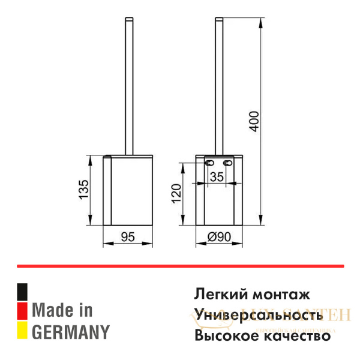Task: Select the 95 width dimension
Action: coord(127,237)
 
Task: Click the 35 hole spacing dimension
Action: coord(217,176)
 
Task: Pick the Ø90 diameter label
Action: coord(220,237)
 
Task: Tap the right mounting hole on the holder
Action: coord(229,163)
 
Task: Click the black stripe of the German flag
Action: coord(22,292)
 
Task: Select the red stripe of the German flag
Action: coord(22,310)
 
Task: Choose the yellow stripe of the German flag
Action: coord(22,330)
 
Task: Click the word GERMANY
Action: coord(71,331)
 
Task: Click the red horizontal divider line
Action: coord(180,265)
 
